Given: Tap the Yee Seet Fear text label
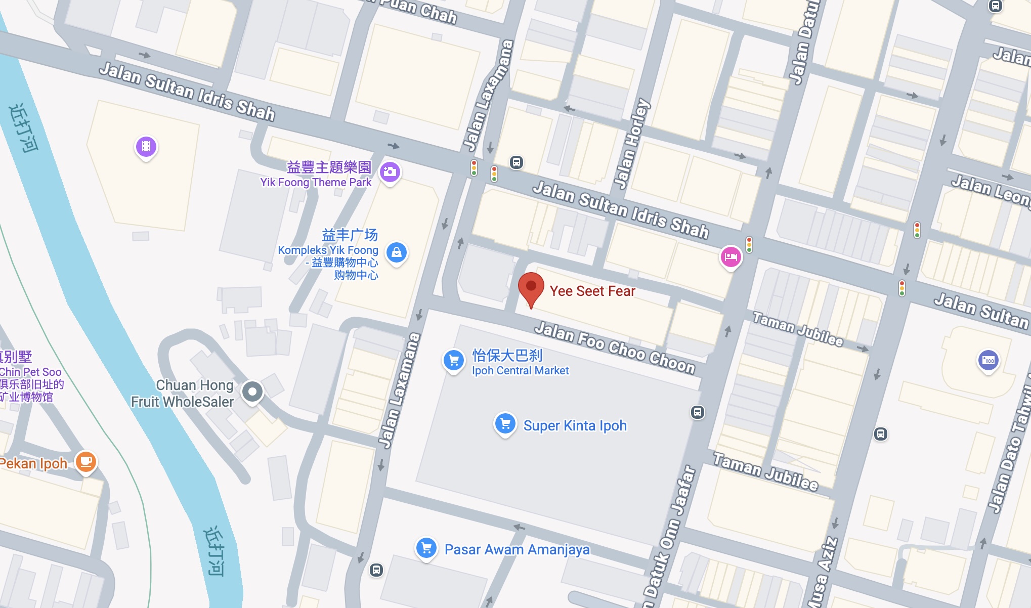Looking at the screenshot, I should coord(592,291).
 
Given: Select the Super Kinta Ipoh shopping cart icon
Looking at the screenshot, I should coord(505,424).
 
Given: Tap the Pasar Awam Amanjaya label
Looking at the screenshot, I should coord(517,550).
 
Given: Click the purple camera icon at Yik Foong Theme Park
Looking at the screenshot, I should coord(390,172).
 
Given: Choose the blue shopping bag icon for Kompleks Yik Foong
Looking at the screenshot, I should coord(397,252).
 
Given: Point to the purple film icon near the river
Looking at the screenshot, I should coord(146,147).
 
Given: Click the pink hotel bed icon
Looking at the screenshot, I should coord(731,257).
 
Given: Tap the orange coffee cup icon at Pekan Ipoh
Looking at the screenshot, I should coord(86,461).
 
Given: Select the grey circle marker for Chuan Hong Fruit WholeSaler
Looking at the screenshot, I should coord(252,391).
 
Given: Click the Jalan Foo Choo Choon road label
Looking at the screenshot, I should coord(615,348).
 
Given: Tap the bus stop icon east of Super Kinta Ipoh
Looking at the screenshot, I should coord(697,412).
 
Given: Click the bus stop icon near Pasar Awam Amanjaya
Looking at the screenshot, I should coord(376,570).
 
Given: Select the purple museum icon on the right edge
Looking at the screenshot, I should coord(988,360).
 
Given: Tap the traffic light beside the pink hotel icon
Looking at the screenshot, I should coord(749,244).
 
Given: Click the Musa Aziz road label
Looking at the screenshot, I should coord(823,572).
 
